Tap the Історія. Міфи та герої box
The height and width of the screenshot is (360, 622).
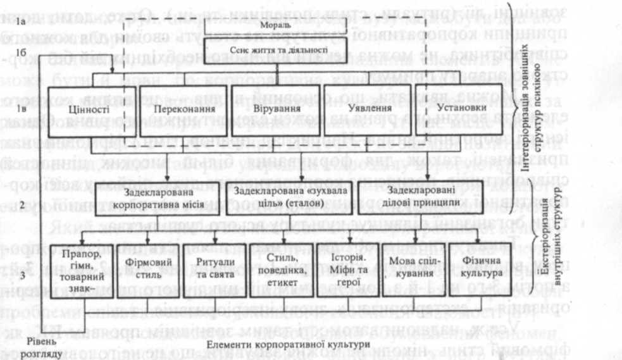tap(340, 273)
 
